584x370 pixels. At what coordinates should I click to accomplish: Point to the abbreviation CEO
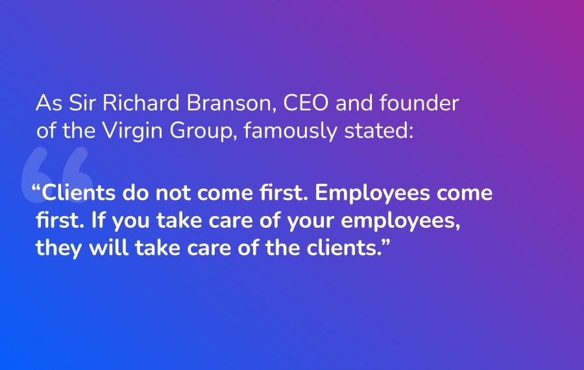click(306, 103)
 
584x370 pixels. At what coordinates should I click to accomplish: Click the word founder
click(419, 103)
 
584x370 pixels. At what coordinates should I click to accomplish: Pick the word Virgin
click(132, 131)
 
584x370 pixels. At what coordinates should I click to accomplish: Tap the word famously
click(291, 131)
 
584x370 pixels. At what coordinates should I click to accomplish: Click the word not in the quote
click(173, 193)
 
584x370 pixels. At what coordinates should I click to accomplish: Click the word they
click(58, 248)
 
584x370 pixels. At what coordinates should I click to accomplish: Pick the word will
click(109, 247)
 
